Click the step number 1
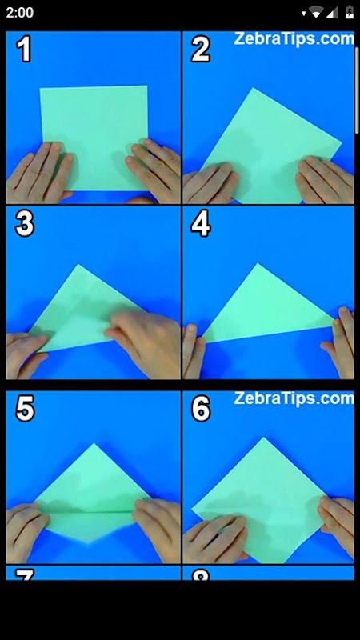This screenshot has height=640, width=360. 24,50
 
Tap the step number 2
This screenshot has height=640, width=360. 200,50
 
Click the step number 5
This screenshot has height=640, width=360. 25,409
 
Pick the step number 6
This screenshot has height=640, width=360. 201,409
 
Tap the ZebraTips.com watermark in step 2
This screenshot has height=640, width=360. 294,39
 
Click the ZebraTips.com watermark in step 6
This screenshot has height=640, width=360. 294,398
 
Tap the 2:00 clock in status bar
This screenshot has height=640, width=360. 19,13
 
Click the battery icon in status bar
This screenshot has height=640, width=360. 350,13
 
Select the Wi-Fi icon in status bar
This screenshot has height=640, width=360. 316,13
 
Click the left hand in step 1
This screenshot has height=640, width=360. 38,173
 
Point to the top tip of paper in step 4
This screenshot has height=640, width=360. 258,264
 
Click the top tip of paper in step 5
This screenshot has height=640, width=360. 94,444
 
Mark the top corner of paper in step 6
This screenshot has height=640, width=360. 264,438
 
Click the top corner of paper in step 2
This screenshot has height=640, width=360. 254,88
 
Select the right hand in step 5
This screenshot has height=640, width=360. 157,530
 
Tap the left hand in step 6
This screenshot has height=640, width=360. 214,538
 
